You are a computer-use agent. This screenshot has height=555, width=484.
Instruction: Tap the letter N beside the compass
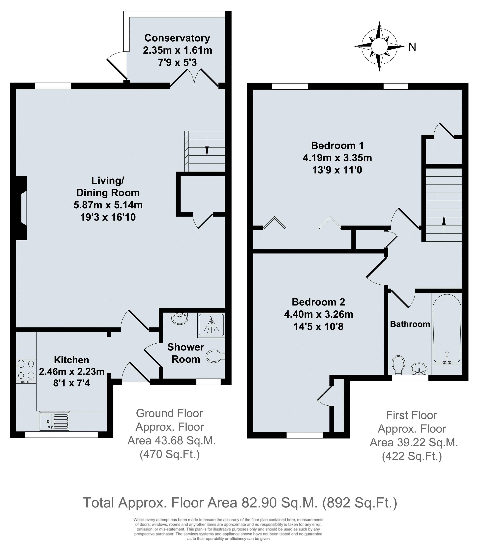412,47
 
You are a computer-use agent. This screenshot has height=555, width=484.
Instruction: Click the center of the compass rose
379,46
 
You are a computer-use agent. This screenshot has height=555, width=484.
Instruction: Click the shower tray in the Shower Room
211,325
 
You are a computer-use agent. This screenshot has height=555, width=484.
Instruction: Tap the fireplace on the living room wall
22,208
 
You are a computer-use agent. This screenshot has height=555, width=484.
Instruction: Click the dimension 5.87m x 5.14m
108,205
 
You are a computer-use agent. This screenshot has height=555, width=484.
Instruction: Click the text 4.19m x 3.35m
337,158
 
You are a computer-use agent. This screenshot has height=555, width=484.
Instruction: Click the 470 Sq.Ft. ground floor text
170,455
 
